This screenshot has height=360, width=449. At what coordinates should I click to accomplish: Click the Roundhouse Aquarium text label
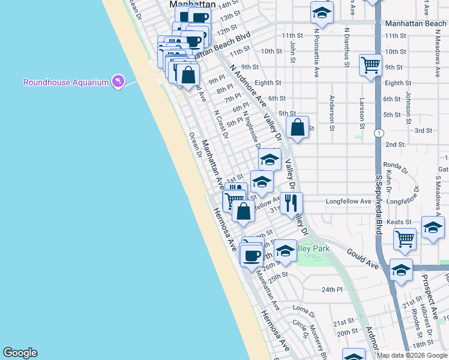click(x=65, y=82)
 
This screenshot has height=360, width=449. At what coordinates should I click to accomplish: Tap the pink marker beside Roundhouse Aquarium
click(x=118, y=81)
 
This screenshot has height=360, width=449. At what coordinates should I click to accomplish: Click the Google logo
click(x=20, y=353)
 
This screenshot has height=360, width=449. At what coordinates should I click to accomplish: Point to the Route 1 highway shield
click(x=379, y=133)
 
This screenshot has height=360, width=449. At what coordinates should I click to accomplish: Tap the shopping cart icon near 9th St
click(x=371, y=64)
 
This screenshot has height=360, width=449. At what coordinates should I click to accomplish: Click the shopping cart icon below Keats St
click(x=405, y=238)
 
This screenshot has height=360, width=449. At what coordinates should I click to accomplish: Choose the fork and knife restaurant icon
click(x=291, y=202)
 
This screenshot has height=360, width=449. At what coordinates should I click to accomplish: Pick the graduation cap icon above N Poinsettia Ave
click(x=322, y=12)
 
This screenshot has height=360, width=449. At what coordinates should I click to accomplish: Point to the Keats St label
click(x=399, y=221)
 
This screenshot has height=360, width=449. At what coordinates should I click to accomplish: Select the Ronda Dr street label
click(x=395, y=165)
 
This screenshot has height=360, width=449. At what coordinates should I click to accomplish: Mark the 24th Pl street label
click(x=331, y=289)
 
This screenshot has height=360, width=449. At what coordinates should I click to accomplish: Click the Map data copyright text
click(x=412, y=355)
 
